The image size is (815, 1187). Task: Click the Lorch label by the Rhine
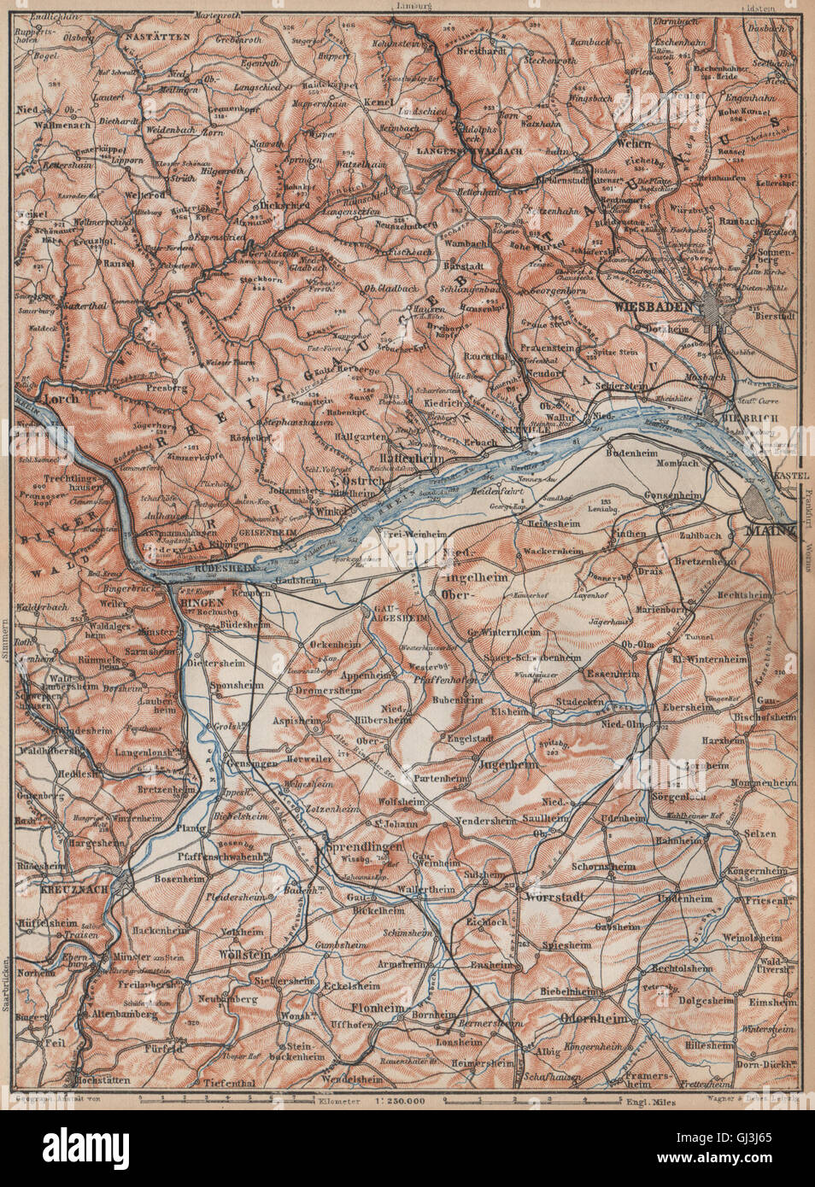tap(60, 398)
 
